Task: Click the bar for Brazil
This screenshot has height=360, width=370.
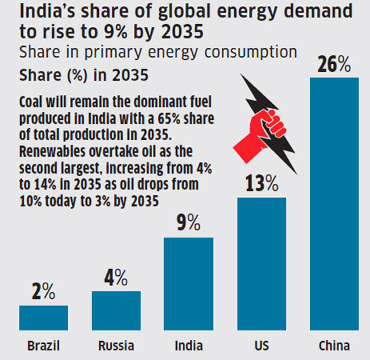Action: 43,317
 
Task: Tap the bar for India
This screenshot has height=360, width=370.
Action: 188,283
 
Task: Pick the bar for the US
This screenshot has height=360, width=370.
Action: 261,263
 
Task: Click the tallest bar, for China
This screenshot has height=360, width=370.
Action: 334,203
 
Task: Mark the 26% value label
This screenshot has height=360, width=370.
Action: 334,65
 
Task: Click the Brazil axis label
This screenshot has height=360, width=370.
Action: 44,346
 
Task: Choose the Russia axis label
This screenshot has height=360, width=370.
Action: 116,346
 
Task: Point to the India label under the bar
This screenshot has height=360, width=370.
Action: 188,346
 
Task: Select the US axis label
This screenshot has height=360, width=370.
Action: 261,346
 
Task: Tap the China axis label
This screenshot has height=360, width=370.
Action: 334,346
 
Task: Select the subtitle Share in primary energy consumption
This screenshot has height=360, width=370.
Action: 158,52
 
